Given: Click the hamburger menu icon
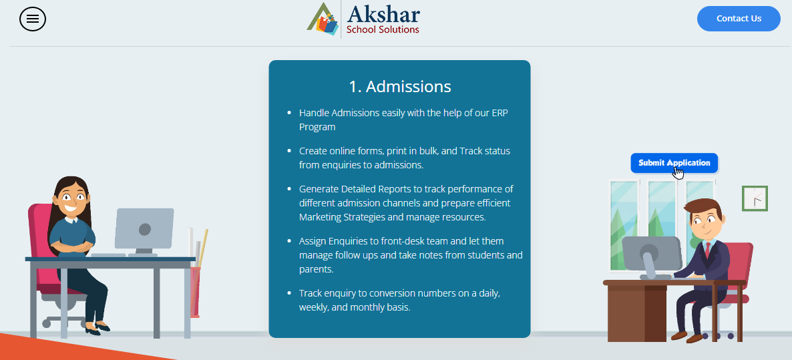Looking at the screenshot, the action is tap(33, 19).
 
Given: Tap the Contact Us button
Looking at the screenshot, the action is tap(739, 19).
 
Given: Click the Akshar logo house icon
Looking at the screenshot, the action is tap(323, 19).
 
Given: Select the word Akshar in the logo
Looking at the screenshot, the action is tap(383, 13).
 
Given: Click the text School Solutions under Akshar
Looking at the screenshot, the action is tap(383, 30).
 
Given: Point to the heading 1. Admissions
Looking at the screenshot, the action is tap(399, 86).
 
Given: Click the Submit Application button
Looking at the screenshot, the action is tap(674, 162).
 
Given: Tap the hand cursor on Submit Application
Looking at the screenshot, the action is tap(678, 172).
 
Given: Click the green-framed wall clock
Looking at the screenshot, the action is tap(755, 198).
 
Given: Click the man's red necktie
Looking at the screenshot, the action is tap(708, 250).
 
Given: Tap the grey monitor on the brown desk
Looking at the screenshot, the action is tap(651, 253).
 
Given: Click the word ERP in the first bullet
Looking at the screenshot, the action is tap(500, 113).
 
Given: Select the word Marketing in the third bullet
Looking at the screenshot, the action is tap(321, 217).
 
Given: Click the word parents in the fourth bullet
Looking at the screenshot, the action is tap(315, 270).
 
